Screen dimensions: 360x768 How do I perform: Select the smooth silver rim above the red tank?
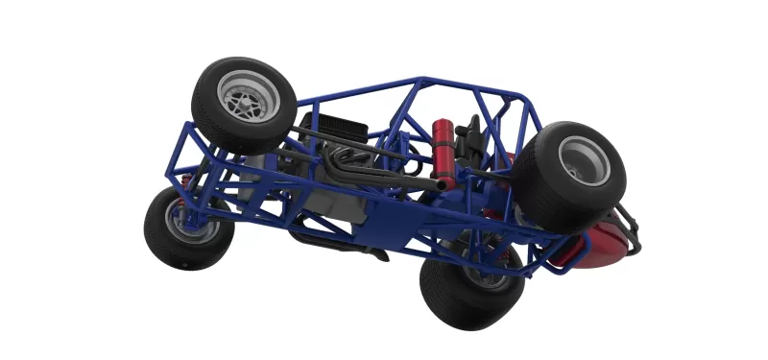point(585,160)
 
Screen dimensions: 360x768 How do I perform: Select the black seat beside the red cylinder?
point(470,144)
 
